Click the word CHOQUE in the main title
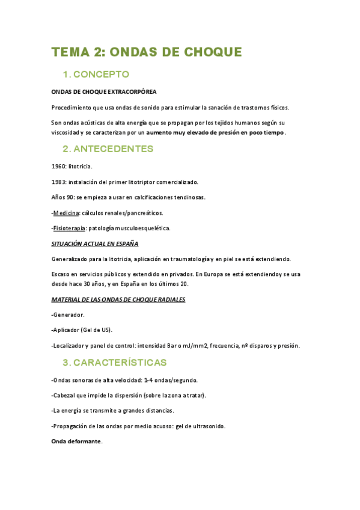(x=210, y=52)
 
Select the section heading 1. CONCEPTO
(x=96, y=75)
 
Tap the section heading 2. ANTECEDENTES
(x=108, y=149)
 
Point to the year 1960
(x=59, y=165)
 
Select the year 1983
(x=59, y=181)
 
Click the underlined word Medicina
(x=67, y=213)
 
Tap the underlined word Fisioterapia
(x=70, y=229)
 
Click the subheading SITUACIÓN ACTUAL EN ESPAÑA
(x=95, y=244)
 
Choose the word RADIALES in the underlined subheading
(x=169, y=300)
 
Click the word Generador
(x=69, y=315)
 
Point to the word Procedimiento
(x=74, y=108)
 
